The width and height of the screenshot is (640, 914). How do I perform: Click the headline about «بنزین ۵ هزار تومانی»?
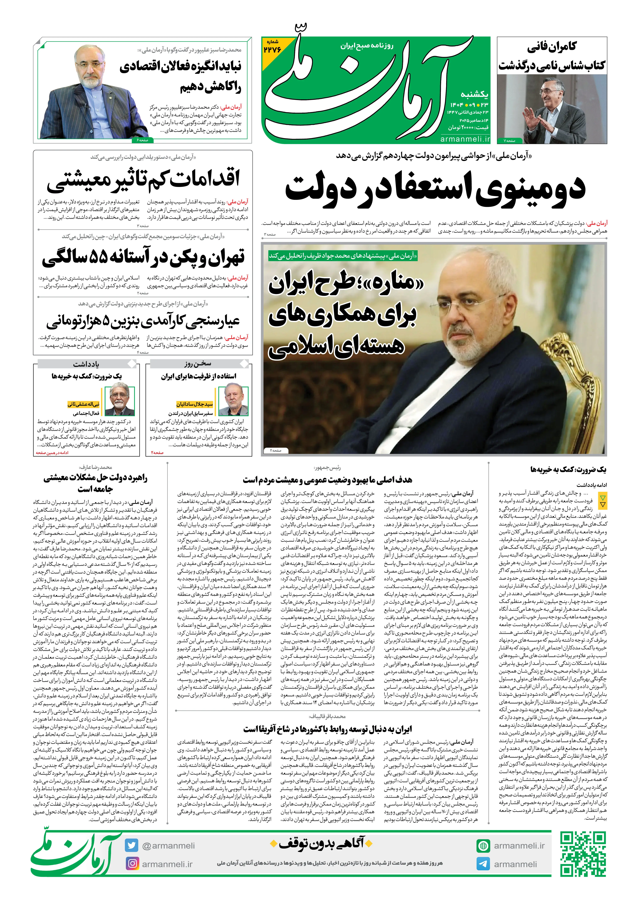point(143,321)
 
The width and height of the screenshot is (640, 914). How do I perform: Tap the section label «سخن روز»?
point(198,364)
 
